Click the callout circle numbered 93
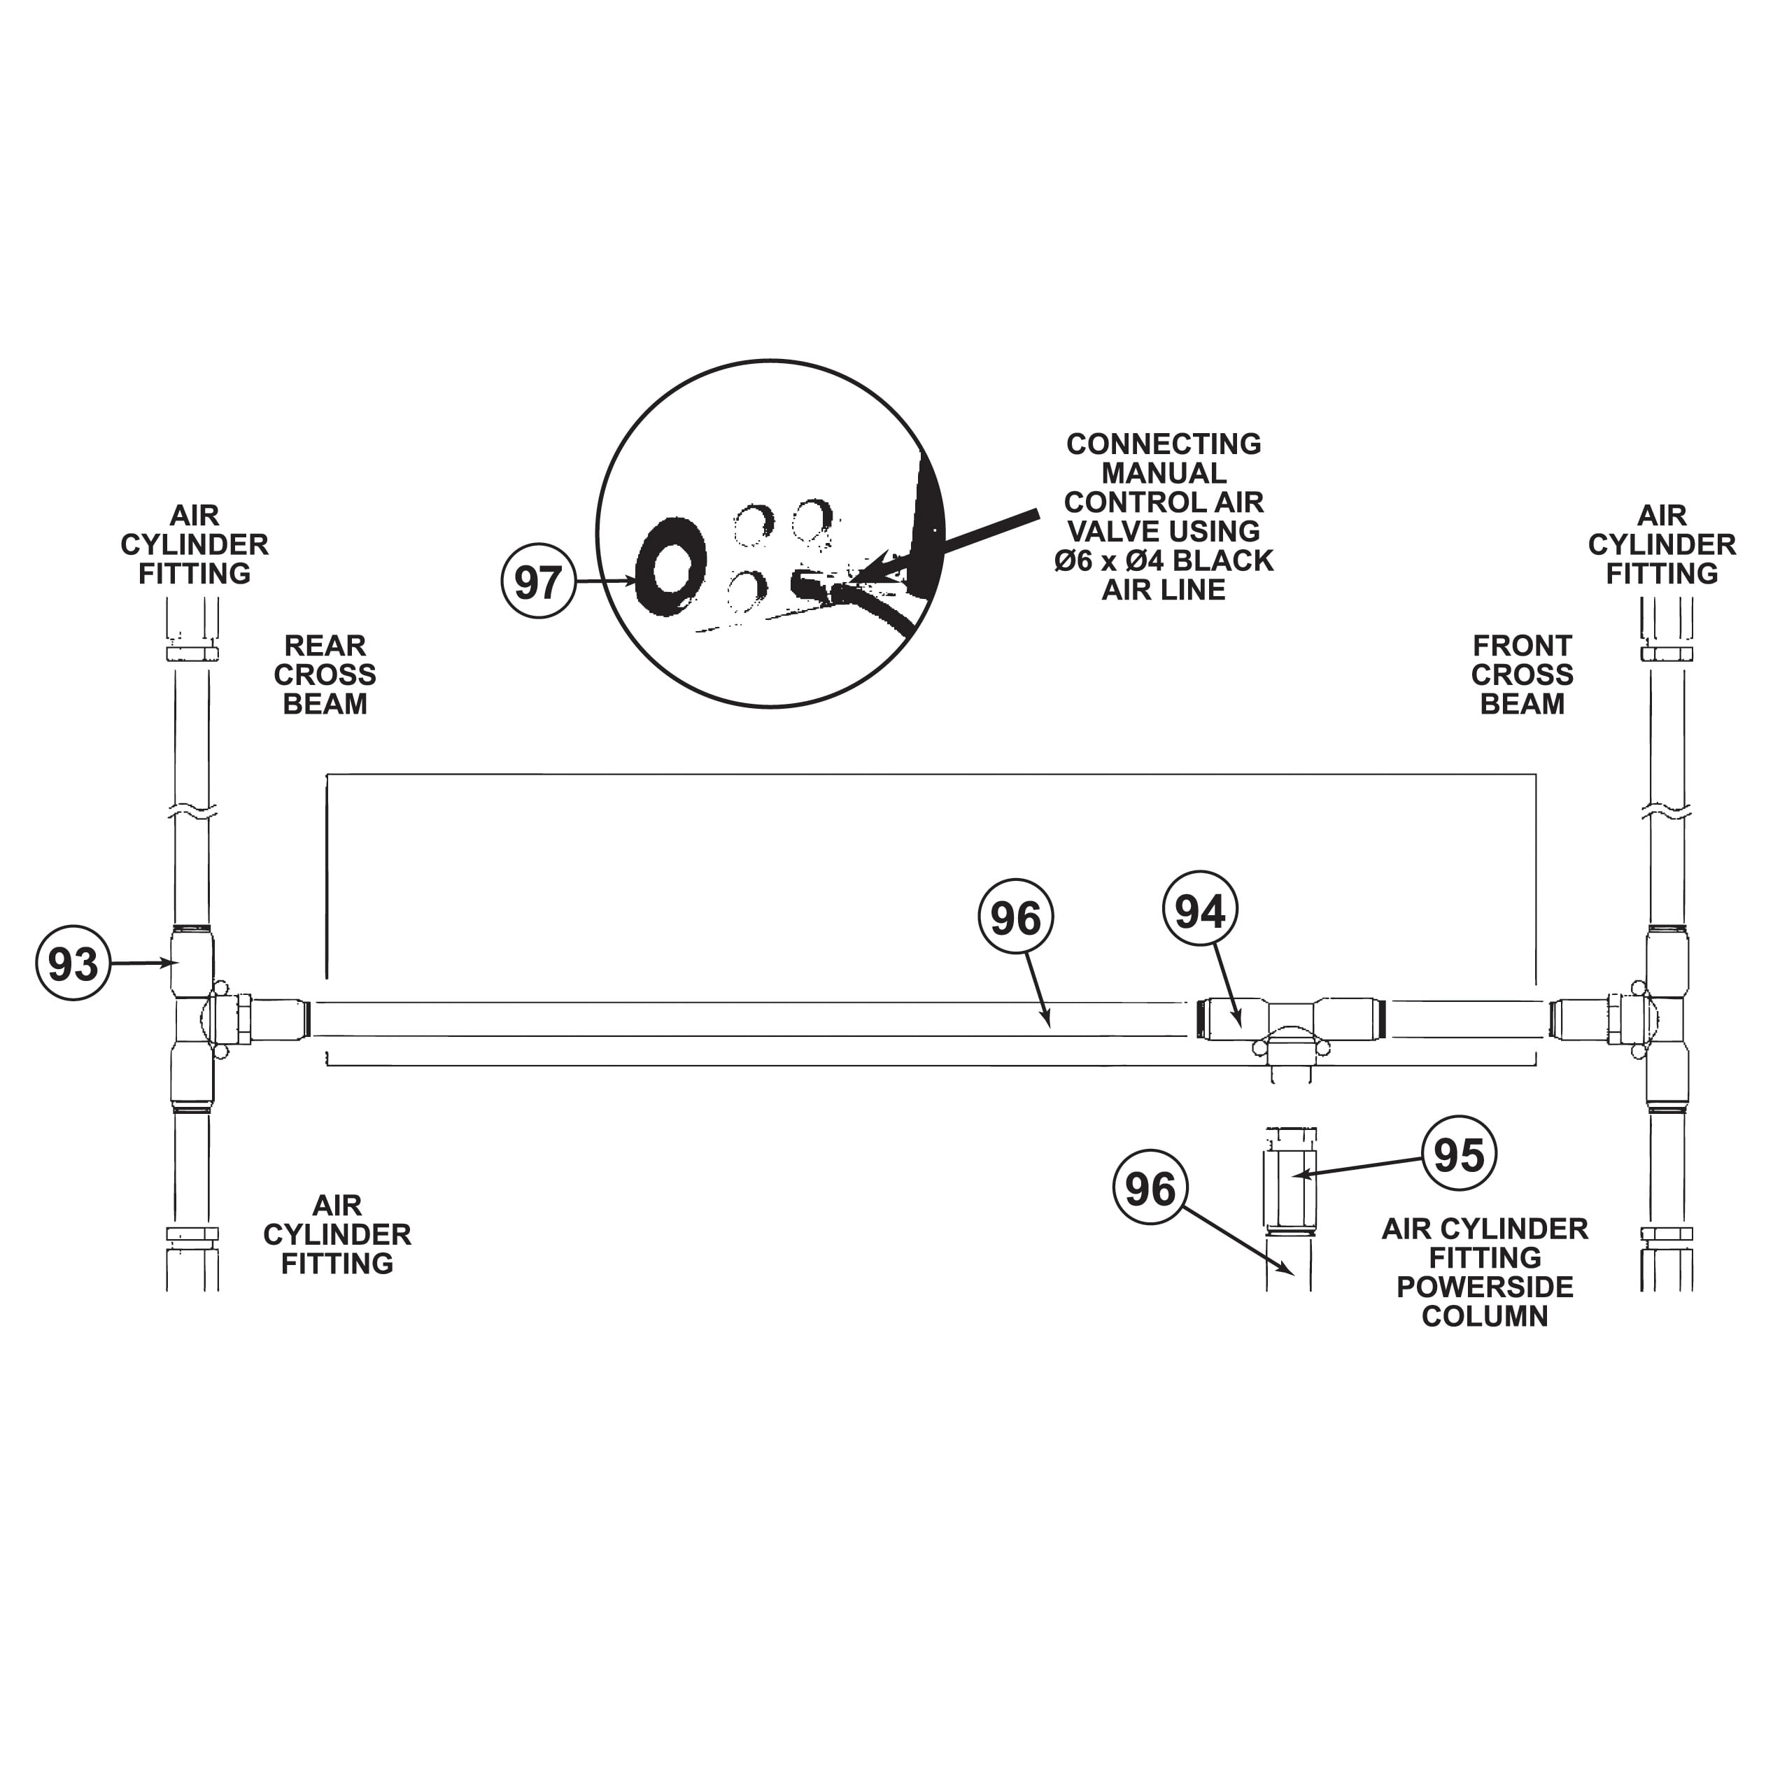tap(73, 963)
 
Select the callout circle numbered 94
tap(1199, 911)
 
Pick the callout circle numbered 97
tap(538, 581)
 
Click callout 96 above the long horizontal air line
tap(1015, 918)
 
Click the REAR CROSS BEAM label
tap(325, 674)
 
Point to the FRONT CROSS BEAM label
tap(1522, 674)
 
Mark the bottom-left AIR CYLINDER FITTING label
tap(337, 1234)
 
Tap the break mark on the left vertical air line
tap(192, 810)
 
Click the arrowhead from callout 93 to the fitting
tap(170, 963)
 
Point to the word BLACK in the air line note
tap(1231, 560)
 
